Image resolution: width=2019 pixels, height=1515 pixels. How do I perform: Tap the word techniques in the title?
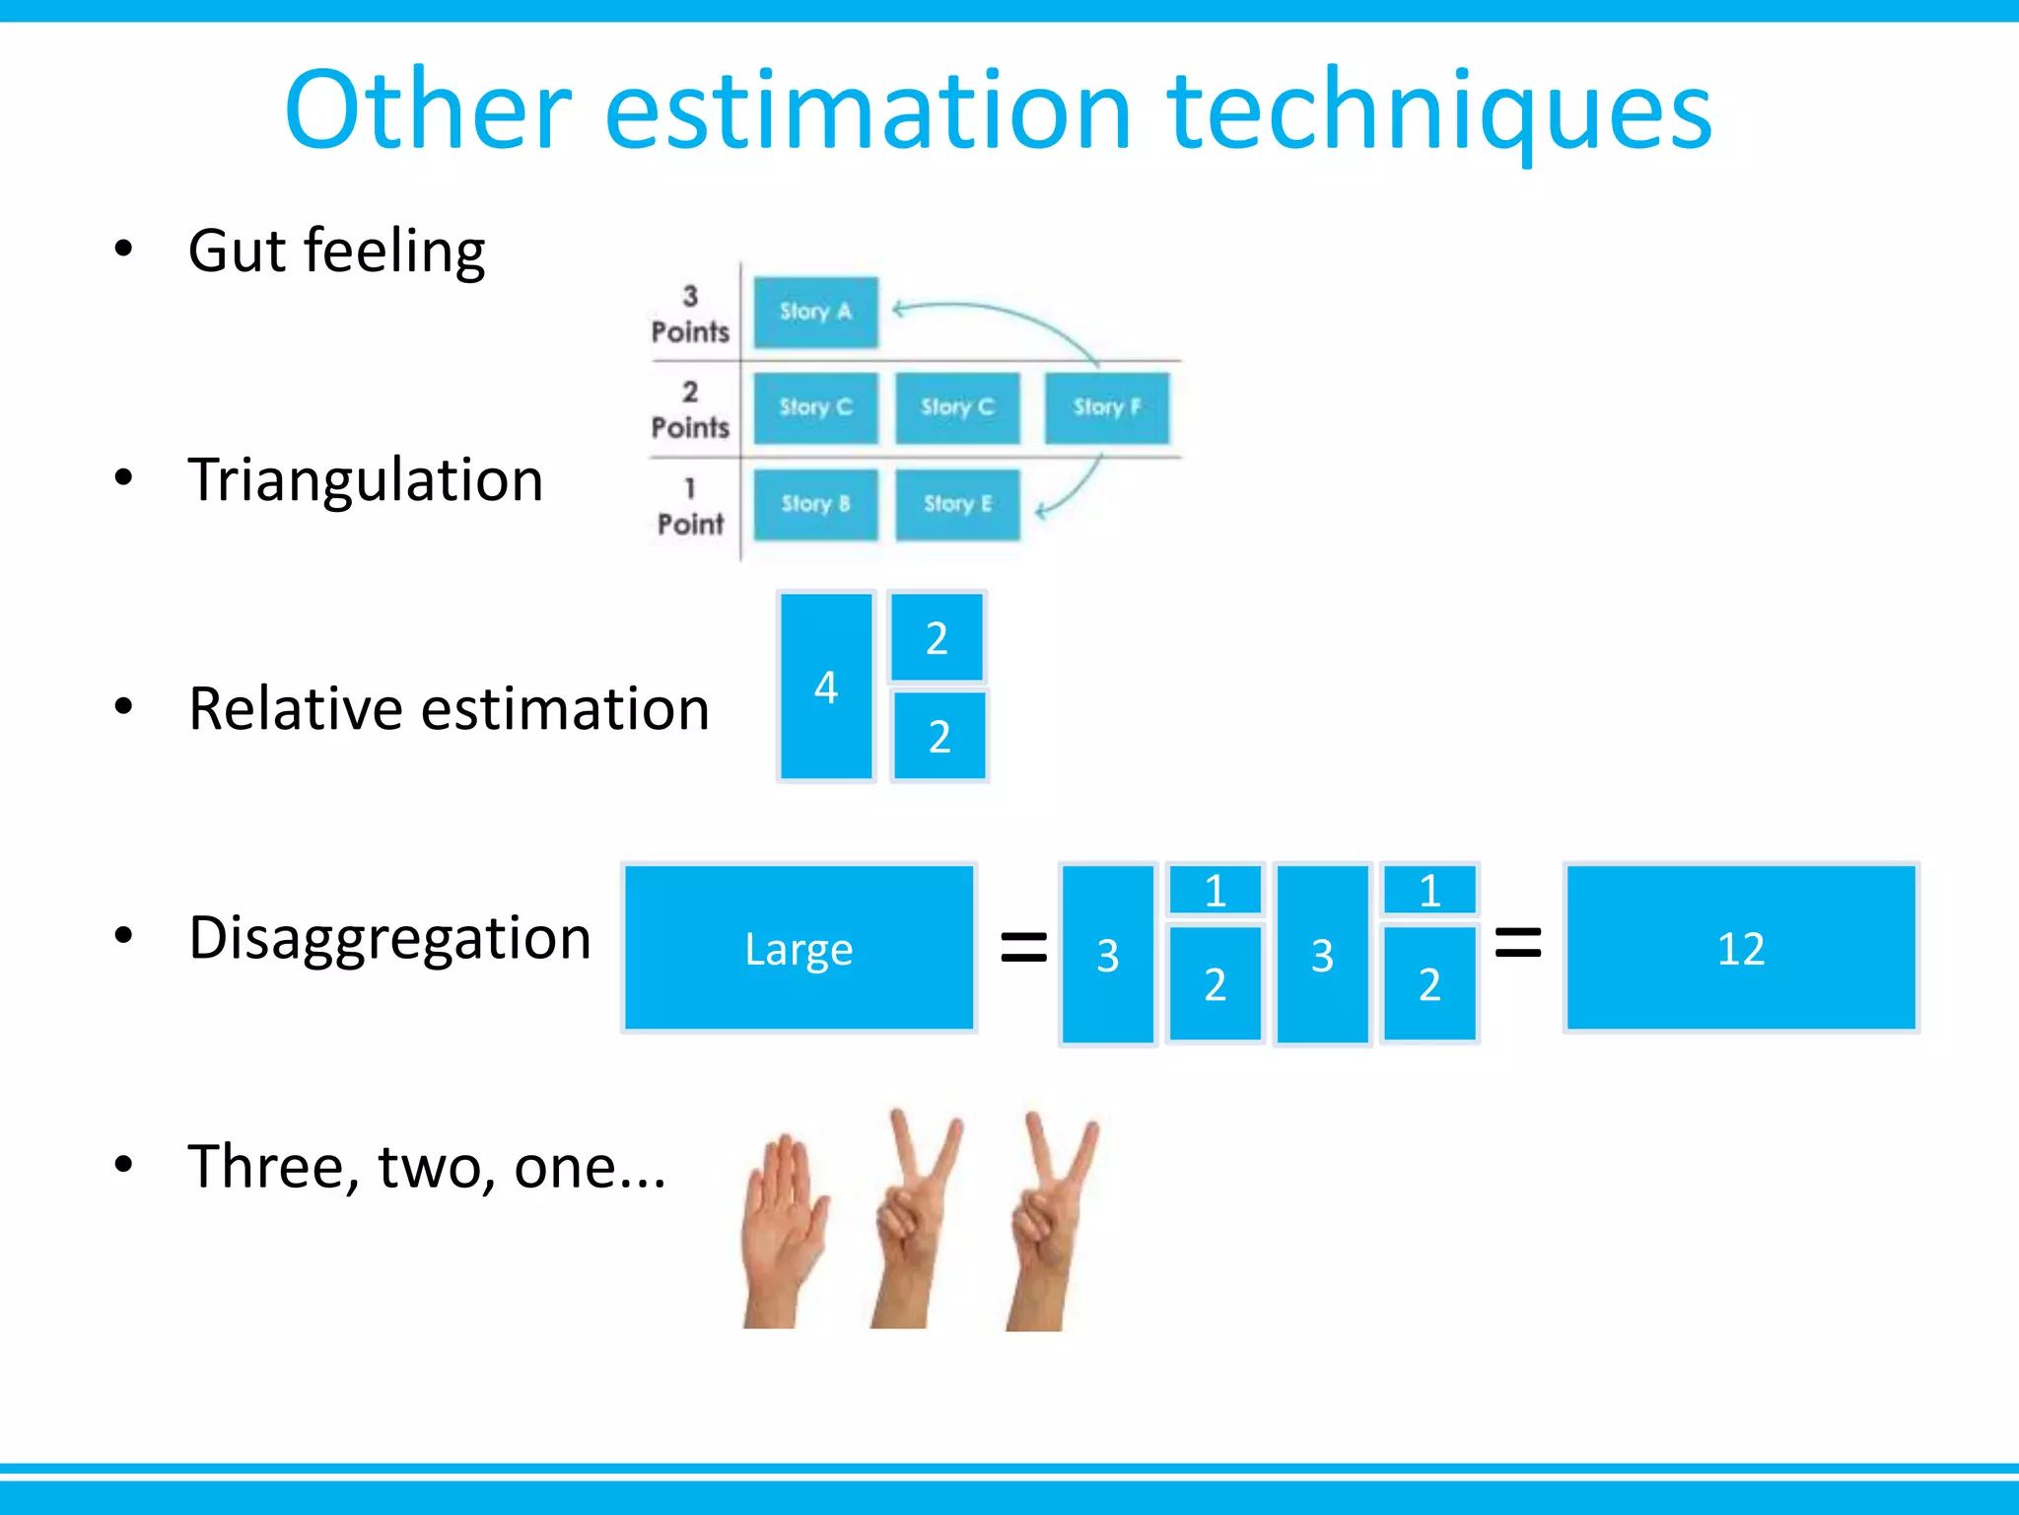[1439, 112]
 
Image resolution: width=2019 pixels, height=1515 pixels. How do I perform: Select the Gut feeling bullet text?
[336, 251]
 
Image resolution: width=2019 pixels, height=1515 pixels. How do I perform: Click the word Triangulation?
[366, 480]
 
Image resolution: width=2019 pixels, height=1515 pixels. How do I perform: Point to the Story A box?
[815, 312]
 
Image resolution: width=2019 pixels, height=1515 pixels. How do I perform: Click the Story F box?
[1106, 407]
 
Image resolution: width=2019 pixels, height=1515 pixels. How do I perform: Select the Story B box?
[815, 504]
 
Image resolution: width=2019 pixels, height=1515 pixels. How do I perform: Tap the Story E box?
[957, 504]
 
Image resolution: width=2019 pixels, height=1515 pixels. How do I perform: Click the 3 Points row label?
[690, 315]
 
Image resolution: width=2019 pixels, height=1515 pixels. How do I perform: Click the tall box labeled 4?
[826, 686]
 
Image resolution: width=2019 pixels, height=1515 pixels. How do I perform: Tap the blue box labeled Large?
[799, 948]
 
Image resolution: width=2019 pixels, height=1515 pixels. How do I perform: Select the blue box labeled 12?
[1740, 948]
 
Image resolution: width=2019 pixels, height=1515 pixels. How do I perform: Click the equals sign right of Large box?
[1023, 947]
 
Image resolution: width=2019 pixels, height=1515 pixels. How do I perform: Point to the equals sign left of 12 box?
[1518, 942]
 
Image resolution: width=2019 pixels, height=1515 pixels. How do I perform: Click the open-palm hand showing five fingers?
[784, 1223]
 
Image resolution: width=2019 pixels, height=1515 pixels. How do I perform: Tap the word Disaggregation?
[389, 938]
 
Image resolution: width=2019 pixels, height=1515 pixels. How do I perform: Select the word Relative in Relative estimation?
[296, 709]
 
